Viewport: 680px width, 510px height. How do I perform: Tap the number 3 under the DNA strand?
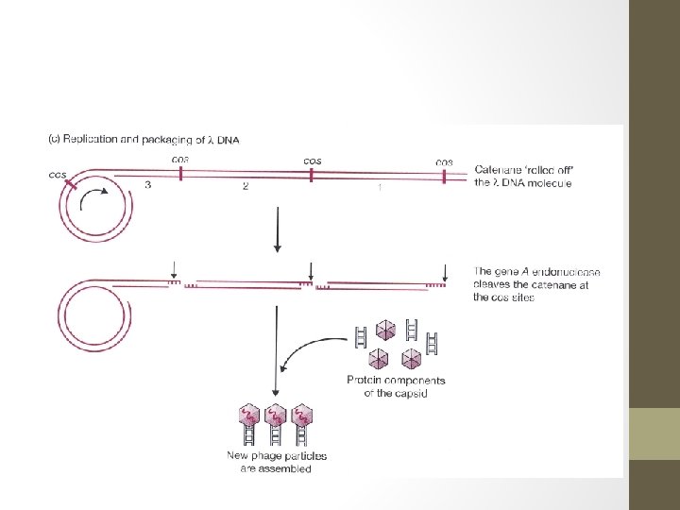(x=148, y=186)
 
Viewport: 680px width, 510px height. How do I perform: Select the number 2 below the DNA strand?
(x=246, y=187)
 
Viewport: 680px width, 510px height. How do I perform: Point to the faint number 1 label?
(x=380, y=187)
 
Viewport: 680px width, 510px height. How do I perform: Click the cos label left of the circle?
(x=59, y=175)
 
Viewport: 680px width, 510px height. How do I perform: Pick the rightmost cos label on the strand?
(x=443, y=161)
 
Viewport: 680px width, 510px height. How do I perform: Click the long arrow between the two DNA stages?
(x=277, y=231)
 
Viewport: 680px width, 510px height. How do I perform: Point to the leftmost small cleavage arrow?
(x=175, y=267)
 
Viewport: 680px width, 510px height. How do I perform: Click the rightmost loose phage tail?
(x=432, y=342)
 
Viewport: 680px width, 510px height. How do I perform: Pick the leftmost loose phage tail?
(x=361, y=336)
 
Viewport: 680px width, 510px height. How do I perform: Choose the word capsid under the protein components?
(x=415, y=392)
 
